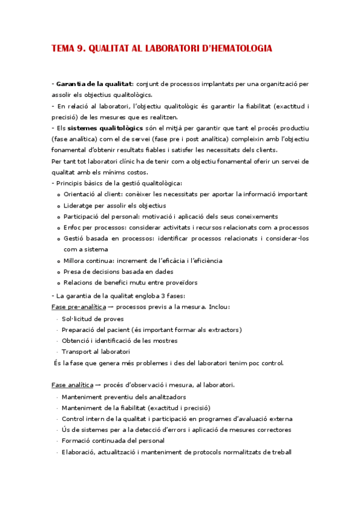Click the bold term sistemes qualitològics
point(105,128)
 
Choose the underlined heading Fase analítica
point(72,384)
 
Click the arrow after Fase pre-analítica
point(111,307)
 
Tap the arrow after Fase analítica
point(98,385)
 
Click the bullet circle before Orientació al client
point(58,195)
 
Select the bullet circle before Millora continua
point(58,262)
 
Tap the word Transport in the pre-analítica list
point(78,352)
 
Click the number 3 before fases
point(161,296)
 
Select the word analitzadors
point(165,397)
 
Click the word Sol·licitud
point(77,318)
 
